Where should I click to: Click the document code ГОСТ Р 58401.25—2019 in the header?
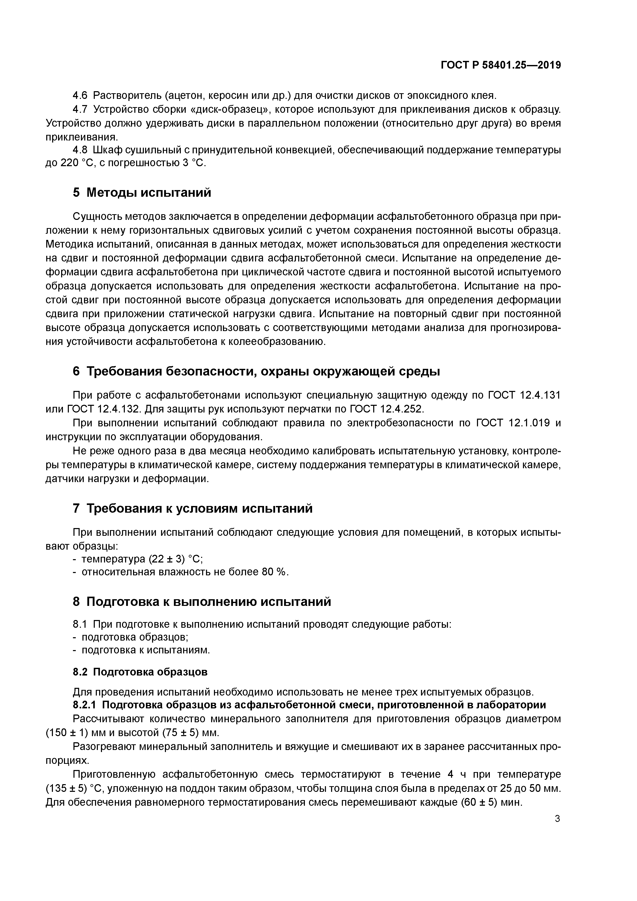pyautogui.click(x=500, y=65)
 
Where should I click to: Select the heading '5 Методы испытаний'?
pyautogui.click(x=142, y=192)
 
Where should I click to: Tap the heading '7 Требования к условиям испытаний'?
pyautogui.click(x=192, y=509)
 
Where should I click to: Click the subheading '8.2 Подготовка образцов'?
pyautogui.click(x=140, y=672)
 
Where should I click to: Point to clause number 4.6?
pyautogui.click(x=80, y=95)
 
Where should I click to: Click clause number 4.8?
pyautogui.click(x=80, y=150)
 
